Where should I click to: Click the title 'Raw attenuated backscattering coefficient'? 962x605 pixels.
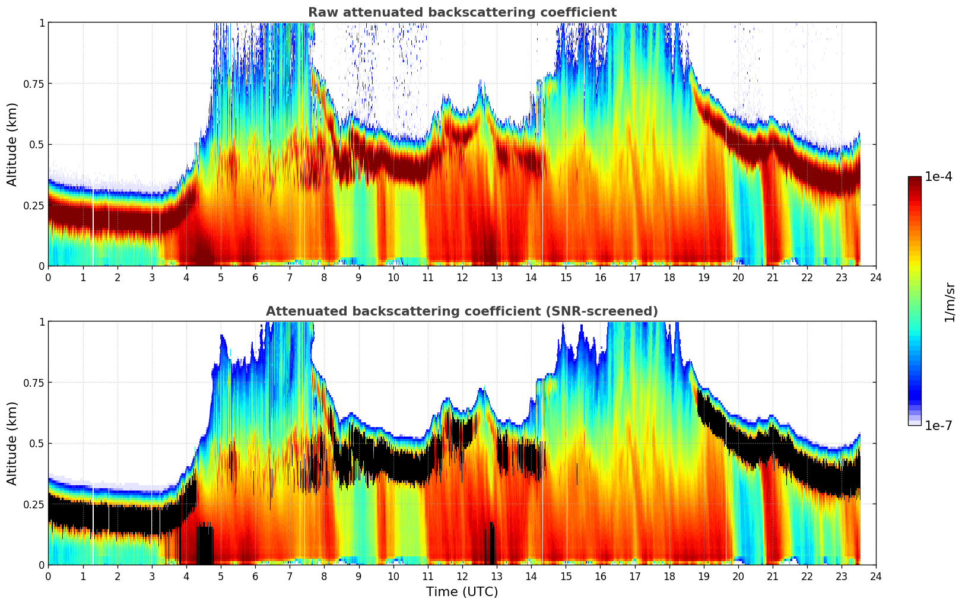coord(462,12)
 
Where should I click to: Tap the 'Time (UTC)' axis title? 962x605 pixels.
coord(462,592)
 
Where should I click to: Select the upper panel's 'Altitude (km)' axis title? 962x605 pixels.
coord(12,144)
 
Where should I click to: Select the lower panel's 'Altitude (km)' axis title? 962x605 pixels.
coord(12,443)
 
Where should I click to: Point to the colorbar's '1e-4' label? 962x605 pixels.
coord(938,176)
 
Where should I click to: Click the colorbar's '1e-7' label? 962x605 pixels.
coord(938,425)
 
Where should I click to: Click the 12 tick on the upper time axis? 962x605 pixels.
coord(462,277)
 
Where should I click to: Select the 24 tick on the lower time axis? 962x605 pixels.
coord(876,576)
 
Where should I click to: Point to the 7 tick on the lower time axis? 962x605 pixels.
coord(290,576)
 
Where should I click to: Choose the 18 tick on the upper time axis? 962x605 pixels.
coord(669,277)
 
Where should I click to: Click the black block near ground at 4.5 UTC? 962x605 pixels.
coord(205,544)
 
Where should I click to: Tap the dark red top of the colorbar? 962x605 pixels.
coord(914,180)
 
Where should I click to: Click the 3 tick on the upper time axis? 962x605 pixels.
coord(152,277)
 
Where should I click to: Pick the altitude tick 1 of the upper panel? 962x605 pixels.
coord(42,23)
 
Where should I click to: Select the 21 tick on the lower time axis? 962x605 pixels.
coord(772,576)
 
